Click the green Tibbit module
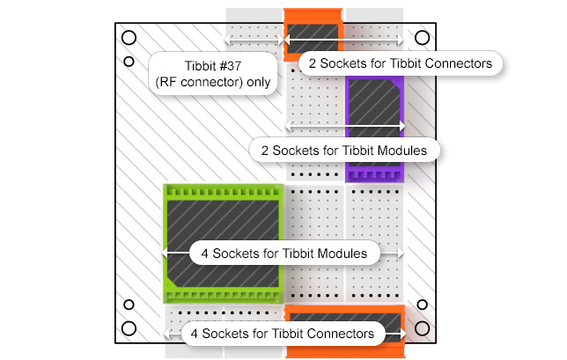tap(223, 220)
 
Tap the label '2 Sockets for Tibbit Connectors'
tap(401, 63)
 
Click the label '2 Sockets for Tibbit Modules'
tap(344, 150)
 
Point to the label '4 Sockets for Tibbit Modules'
tap(283, 253)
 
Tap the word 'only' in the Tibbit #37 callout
tap(261, 83)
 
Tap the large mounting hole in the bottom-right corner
tap(423, 328)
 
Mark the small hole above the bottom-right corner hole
tap(423, 305)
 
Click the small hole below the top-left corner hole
tap(129, 62)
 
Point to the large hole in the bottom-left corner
tap(129, 328)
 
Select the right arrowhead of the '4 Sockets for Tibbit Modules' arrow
tap(401, 253)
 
